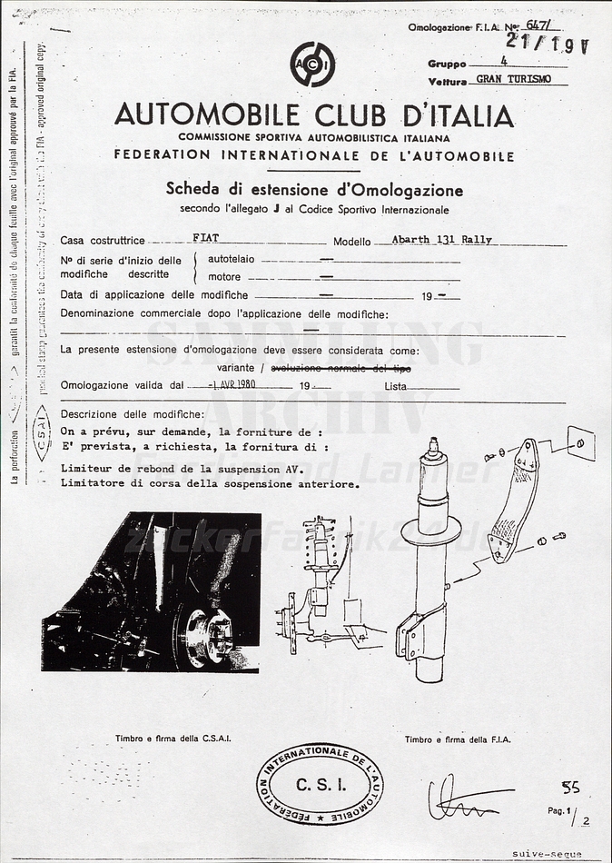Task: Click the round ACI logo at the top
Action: coord(312,64)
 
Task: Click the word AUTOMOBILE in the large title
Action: coord(206,116)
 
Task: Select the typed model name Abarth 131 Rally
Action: coord(441,240)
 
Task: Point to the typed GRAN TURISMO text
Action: coord(513,79)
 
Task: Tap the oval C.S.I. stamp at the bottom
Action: coord(320,784)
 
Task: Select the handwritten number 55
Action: coord(570,787)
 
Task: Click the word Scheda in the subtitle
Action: coord(192,190)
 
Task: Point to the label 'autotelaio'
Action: coord(232,259)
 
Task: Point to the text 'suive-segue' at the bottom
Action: coord(547,854)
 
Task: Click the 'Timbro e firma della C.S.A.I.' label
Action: coord(173,739)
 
